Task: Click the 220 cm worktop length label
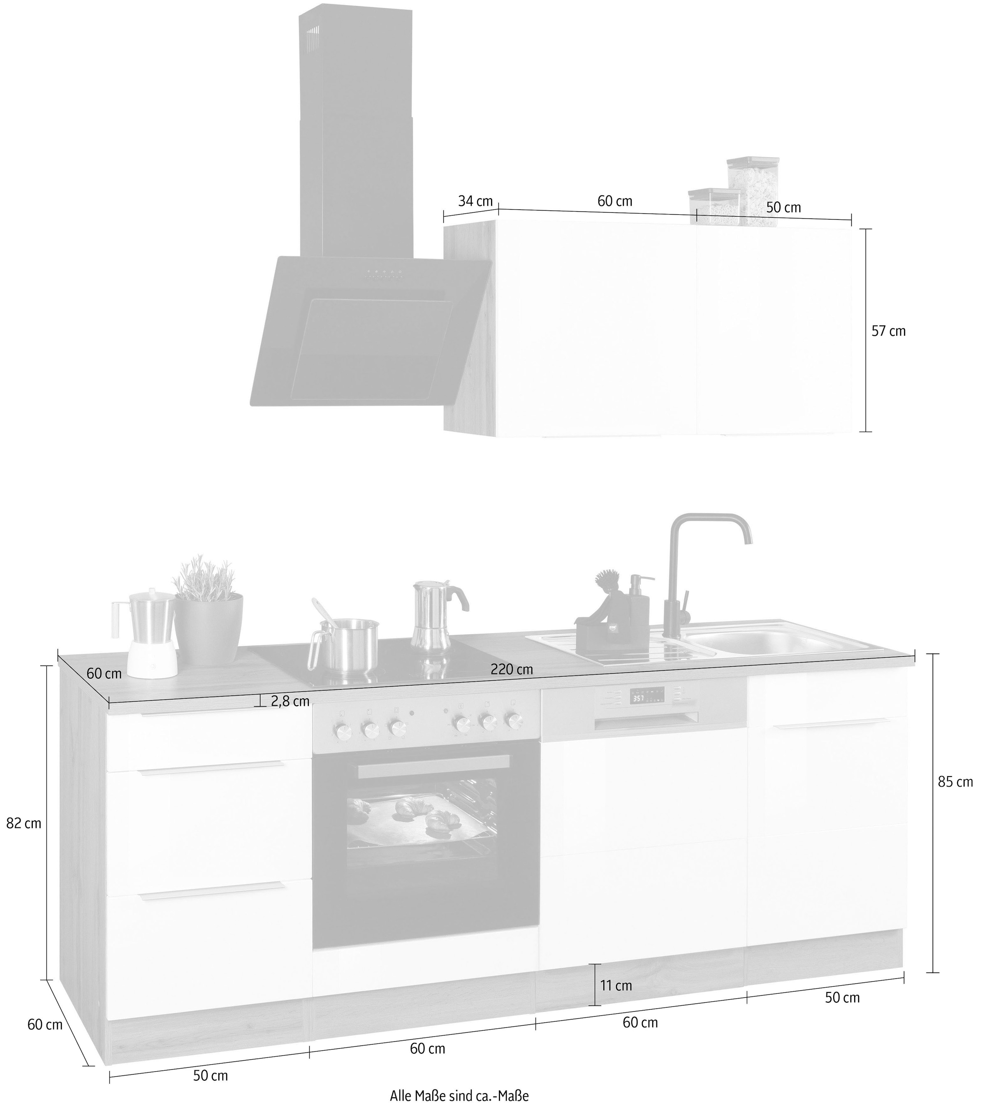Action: click(512, 669)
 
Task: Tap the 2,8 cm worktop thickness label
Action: click(290, 701)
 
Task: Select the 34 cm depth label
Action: click(475, 201)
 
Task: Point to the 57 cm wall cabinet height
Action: click(889, 331)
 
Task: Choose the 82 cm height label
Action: click(23, 823)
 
